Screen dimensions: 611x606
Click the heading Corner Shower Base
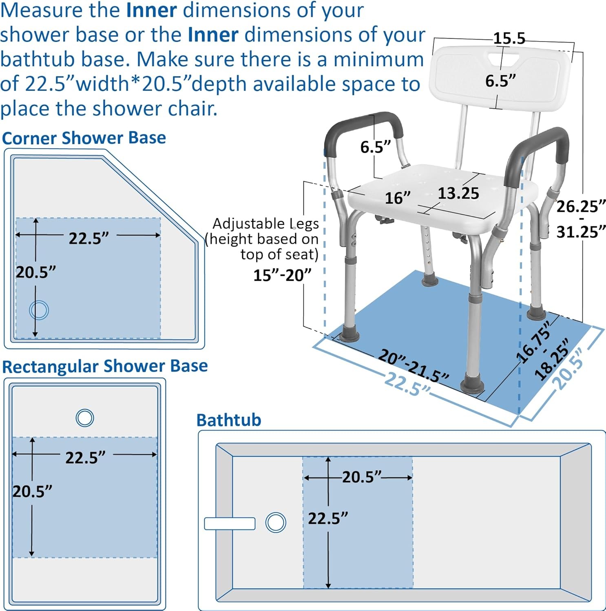[x=84, y=138]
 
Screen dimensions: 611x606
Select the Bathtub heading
[x=228, y=420]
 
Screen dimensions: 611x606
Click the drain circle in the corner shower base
[x=39, y=310]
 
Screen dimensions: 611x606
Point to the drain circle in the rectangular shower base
[x=85, y=418]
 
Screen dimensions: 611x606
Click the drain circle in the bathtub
[x=276, y=523]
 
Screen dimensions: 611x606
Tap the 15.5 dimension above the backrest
[x=509, y=38]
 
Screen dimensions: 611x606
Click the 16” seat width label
[x=397, y=198]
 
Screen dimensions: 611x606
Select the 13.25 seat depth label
[x=458, y=193]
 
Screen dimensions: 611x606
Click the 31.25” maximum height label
[x=581, y=232]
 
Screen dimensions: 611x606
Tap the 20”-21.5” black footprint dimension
[x=413, y=365]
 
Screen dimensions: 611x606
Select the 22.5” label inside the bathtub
[x=328, y=519]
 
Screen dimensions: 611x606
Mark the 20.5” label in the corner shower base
[x=35, y=272]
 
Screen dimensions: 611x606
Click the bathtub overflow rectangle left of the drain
[x=230, y=523]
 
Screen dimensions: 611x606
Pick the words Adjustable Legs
[x=265, y=224]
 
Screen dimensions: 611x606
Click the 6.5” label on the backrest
[x=500, y=81]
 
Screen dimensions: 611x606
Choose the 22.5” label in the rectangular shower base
[x=85, y=457]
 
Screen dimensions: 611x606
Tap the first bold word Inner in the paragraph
[x=151, y=10]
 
